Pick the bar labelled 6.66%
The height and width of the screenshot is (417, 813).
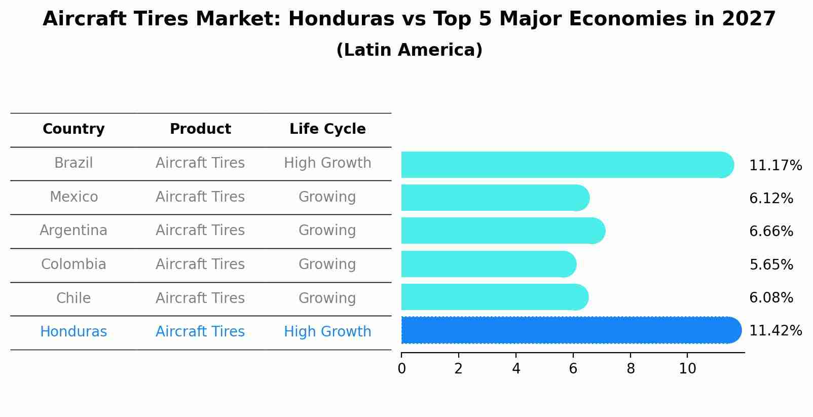pos(502,231)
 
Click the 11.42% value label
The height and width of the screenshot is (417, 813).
pos(775,331)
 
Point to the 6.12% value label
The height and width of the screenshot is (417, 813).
pos(771,199)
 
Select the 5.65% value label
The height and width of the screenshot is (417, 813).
pos(771,264)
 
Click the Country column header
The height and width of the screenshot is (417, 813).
pos(73,129)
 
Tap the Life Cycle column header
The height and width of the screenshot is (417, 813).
pos(327,129)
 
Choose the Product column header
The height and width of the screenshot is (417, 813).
pos(200,129)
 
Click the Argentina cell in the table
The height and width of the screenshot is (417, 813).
pos(73,231)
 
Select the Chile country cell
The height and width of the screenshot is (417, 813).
pos(73,298)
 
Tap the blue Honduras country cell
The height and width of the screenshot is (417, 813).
pos(73,332)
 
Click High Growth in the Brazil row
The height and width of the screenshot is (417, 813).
pos(327,163)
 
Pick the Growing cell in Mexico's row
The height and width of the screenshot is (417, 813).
pos(327,197)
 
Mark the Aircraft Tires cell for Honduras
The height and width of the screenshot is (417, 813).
pos(200,332)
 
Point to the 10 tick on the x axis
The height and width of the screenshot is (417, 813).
pos(687,369)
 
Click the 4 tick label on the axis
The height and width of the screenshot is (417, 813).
pos(516,369)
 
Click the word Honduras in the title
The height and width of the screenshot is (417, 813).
pos(341,19)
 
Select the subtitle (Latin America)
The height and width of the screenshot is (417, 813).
pos(409,50)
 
